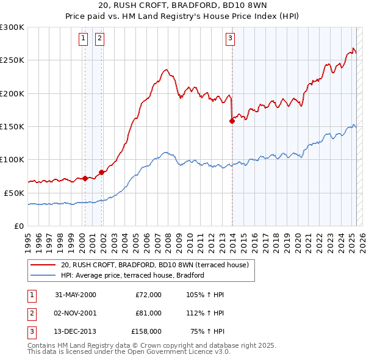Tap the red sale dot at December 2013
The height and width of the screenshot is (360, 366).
pos(232,121)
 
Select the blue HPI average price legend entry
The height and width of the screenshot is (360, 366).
pos(132,275)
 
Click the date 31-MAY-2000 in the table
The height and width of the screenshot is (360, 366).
pos(76,295)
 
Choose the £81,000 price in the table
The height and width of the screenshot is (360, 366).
pos(149,313)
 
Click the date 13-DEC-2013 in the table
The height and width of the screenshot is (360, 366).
pos(76,331)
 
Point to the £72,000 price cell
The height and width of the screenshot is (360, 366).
pos(149,295)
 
